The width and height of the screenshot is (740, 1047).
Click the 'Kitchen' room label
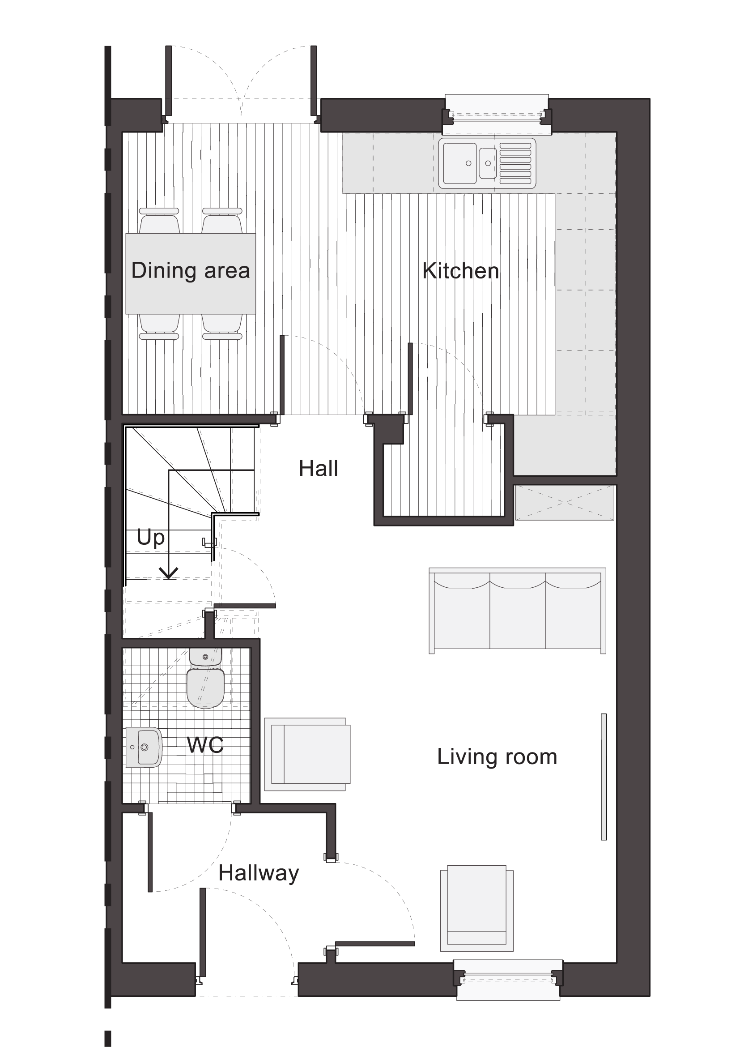tap(461, 271)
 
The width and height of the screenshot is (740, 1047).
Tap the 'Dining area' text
tap(191, 270)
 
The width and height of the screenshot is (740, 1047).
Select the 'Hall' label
tap(319, 468)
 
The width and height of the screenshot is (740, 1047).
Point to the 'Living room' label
tap(497, 757)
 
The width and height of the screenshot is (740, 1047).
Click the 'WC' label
tap(205, 745)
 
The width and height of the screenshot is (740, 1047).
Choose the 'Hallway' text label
tap(258, 873)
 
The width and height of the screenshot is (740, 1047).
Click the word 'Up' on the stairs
tap(150, 538)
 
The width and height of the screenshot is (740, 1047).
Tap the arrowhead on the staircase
tap(169, 574)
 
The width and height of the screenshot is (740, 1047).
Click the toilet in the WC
tap(205, 679)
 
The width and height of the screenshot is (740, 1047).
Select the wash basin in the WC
tap(144, 748)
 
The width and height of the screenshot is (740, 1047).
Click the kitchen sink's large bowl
tap(460, 163)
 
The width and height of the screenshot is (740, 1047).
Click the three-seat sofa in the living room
tap(517, 611)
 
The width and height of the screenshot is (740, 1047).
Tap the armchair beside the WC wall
tap(307, 754)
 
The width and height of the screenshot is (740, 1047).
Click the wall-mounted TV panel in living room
tap(604, 777)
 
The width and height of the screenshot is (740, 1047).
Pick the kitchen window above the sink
tap(497, 115)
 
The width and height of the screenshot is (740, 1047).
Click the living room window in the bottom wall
tap(508, 980)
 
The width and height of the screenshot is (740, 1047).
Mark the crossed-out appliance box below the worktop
tap(565, 503)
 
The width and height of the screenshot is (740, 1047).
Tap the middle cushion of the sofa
tap(517, 611)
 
